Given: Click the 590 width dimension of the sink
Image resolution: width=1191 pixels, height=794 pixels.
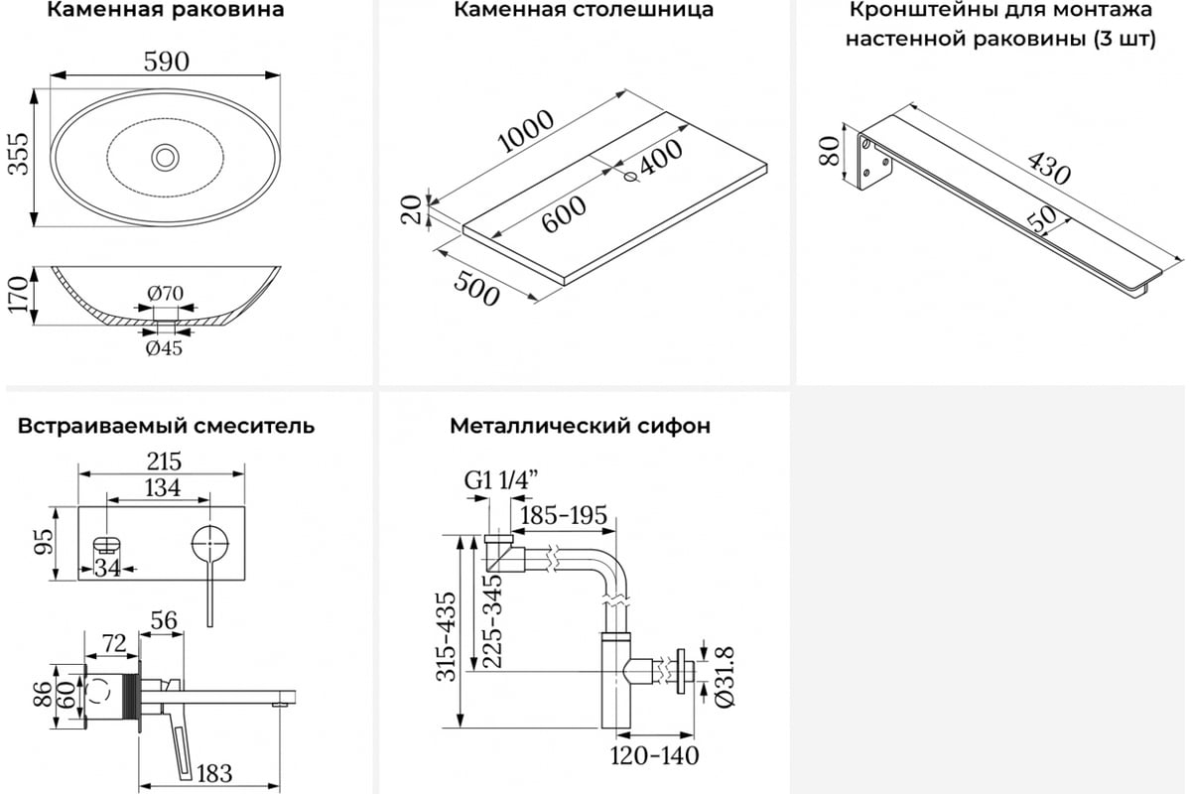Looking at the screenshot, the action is pos(166,62).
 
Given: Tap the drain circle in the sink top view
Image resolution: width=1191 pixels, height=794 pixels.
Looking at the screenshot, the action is pos(166,158).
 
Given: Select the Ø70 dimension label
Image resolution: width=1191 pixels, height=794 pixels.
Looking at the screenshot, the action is pos(165,293).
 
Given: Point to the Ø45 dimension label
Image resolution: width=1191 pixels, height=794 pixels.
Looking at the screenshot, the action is pos(164,348).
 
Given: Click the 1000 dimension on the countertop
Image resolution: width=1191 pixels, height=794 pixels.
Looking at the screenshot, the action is pos(526,131).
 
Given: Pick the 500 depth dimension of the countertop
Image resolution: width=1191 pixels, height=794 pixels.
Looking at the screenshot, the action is pos(476,289).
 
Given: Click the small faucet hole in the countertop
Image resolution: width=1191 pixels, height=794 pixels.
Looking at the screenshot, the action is pos(631,178).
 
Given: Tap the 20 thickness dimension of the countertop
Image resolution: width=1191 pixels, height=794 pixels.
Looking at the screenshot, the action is pos(412,209).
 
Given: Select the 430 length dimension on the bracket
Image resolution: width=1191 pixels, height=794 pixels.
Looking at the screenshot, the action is pos(1048,168).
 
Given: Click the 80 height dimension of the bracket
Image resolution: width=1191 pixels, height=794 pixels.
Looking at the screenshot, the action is pos(829,151).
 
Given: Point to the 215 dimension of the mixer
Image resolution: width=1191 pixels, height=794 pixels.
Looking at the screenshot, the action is pos(165,462).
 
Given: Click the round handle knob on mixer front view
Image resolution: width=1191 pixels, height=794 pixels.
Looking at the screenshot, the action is pos(210,545).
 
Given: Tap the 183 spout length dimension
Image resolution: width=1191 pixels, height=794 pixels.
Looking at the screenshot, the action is pos(214,774).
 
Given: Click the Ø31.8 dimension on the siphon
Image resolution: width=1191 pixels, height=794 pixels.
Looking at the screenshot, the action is pos(725,677).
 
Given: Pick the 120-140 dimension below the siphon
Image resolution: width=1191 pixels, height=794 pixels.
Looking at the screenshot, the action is pos(654,755).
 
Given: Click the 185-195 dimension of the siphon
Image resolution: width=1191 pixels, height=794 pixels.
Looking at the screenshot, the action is pos(564,515).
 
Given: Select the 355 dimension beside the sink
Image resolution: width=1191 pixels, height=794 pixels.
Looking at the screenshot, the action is pos(19,153).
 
